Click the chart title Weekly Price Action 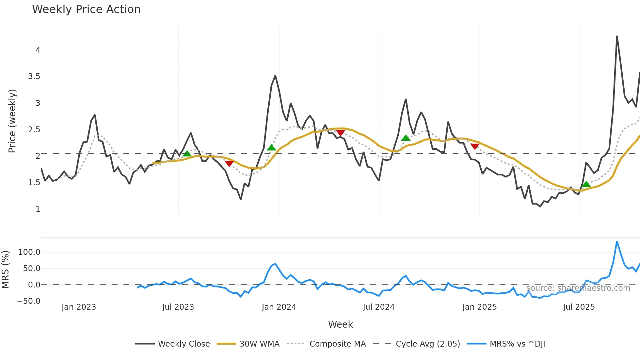pyautogui.click(x=86, y=9)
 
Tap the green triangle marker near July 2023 pyautogui.click(x=187, y=154)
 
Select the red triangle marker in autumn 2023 pyautogui.click(x=229, y=163)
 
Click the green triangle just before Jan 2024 pyautogui.click(x=271, y=148)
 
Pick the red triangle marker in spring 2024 pyautogui.click(x=341, y=133)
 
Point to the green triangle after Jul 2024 pyautogui.click(x=406, y=138)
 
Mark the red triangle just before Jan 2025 pyautogui.click(x=475, y=146)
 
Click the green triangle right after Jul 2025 pyautogui.click(x=586, y=184)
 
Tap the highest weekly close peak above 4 pyautogui.click(x=617, y=36)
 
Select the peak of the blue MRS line pyautogui.click(x=617, y=242)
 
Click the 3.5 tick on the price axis pyautogui.click(x=34, y=76)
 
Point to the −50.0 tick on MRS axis pyautogui.click(x=29, y=301)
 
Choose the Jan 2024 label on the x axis pyautogui.click(x=279, y=307)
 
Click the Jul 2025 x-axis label pyautogui.click(x=579, y=307)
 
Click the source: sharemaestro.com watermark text pyautogui.click(x=578, y=288)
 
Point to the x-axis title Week pyautogui.click(x=340, y=324)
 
